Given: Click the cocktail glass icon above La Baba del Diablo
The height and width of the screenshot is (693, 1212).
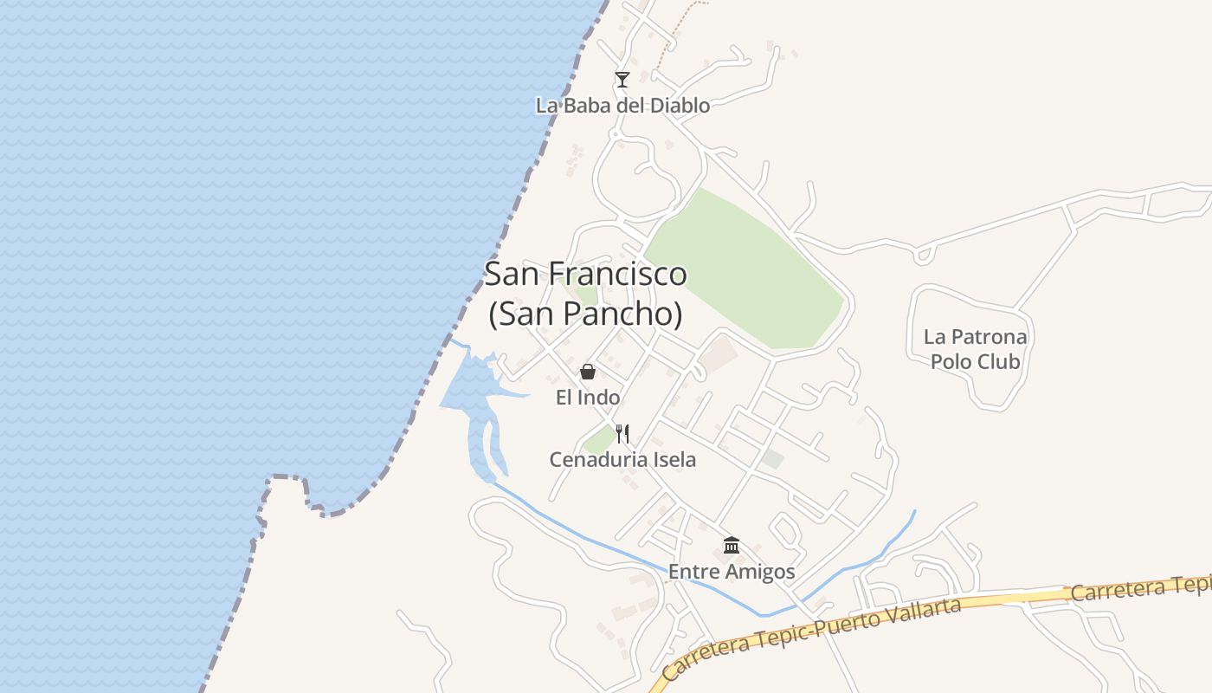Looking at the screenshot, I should pyautogui.click(x=622, y=80).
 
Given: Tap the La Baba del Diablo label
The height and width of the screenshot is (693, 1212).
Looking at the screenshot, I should pyautogui.click(x=622, y=106).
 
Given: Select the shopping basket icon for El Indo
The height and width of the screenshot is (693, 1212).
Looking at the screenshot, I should pyautogui.click(x=588, y=372).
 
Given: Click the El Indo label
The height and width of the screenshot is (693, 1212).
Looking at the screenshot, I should pyautogui.click(x=588, y=398).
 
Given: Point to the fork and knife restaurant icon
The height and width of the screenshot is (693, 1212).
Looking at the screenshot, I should pyautogui.click(x=622, y=433).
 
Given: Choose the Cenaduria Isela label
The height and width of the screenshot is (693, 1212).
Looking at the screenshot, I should pyautogui.click(x=622, y=459).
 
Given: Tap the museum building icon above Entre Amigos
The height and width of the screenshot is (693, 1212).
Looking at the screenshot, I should pyautogui.click(x=732, y=545).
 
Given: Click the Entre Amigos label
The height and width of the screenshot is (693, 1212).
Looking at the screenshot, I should pyautogui.click(x=732, y=572).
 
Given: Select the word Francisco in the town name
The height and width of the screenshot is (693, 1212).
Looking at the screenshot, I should pyautogui.click(x=622, y=275).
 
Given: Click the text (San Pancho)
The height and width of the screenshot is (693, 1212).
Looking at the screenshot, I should pyautogui.click(x=585, y=314).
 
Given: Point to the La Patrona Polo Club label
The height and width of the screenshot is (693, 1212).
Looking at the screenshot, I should pyautogui.click(x=976, y=349).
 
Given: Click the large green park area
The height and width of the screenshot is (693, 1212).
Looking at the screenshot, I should pyautogui.click(x=745, y=269).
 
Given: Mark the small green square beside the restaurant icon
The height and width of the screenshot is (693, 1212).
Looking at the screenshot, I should pyautogui.click(x=598, y=441).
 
